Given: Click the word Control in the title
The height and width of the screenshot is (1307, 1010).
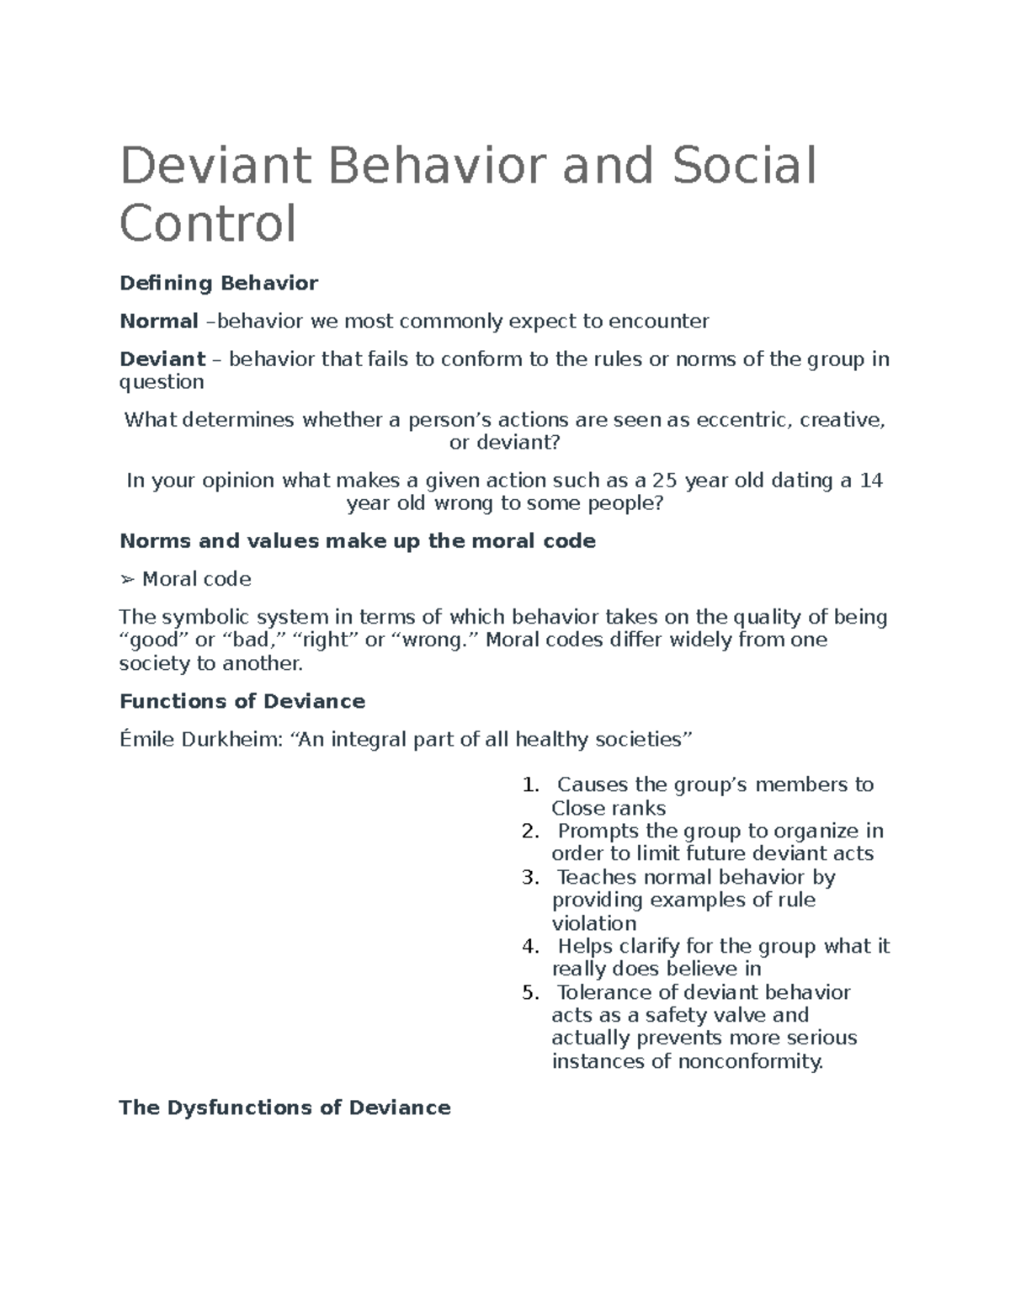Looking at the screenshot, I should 208,224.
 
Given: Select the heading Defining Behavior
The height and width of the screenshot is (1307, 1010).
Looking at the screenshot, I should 219,283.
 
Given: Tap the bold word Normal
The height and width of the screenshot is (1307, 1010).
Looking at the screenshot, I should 158,321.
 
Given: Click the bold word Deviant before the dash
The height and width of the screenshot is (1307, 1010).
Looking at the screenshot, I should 162,359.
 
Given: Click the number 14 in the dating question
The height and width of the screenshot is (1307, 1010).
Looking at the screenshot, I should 871,481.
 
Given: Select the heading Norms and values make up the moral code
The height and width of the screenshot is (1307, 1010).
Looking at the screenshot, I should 358,540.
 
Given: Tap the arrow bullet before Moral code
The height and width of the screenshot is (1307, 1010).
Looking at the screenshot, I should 127,579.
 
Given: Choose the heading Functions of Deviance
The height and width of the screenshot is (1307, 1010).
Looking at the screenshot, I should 242,701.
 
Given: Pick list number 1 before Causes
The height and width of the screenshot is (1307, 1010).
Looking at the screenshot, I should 529,785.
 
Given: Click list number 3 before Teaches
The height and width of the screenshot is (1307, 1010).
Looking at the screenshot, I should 529,877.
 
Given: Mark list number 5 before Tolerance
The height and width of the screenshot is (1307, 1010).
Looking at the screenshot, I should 529,992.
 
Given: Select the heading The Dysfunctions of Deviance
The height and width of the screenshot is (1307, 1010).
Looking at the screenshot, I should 285,1108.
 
